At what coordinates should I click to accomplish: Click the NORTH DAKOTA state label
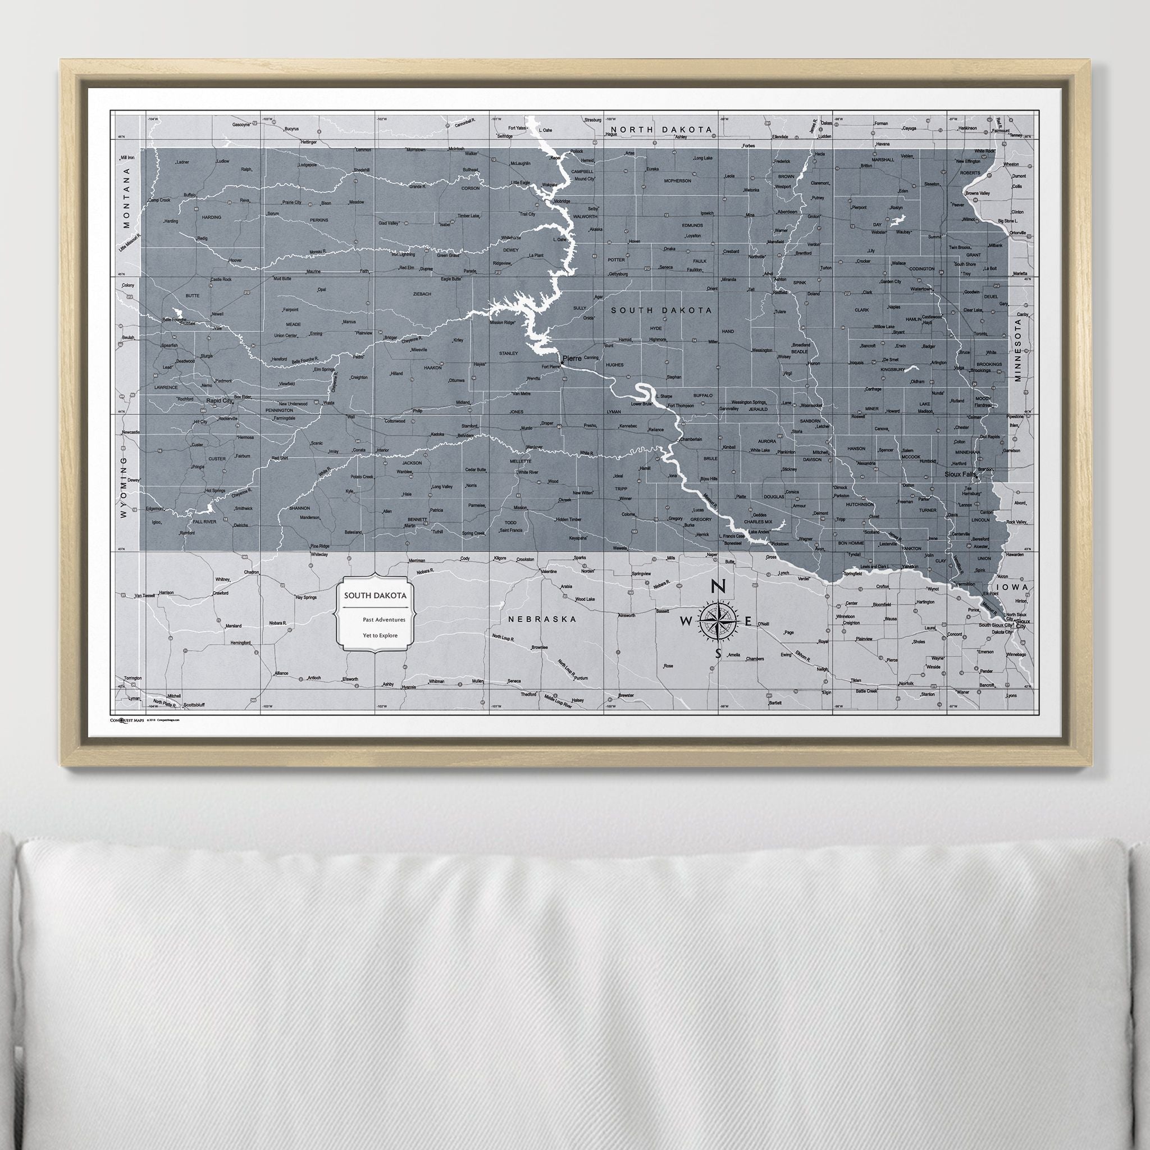click(x=651, y=129)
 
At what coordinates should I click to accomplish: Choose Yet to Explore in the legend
click(x=380, y=635)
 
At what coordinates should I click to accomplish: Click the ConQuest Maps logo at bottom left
click(x=127, y=720)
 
